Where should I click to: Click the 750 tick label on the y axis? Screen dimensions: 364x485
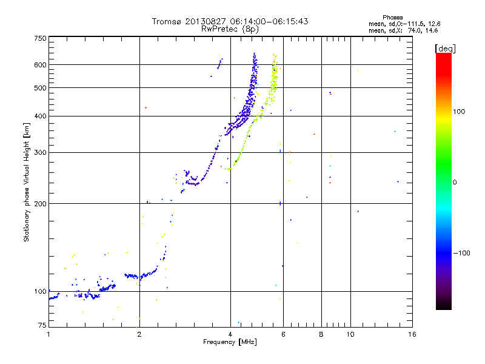pos(40,38)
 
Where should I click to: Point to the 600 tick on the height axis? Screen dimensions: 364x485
pos(40,64)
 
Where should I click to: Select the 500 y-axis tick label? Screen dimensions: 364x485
pos(40,87)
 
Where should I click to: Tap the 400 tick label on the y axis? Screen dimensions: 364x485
pos(40,116)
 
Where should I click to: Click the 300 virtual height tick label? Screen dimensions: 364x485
pos(40,152)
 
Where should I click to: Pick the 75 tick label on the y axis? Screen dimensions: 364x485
pos(42,326)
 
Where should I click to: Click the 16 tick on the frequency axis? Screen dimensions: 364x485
pos(411,334)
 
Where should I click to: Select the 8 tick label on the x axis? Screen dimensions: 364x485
pos(321,334)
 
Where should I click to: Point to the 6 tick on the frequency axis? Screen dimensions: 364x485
pos(283,334)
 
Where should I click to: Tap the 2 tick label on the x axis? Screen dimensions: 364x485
pos(139,334)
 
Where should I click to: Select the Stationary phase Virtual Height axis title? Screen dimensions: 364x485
pos(27,182)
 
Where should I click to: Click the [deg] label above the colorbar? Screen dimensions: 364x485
pos(446,48)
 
